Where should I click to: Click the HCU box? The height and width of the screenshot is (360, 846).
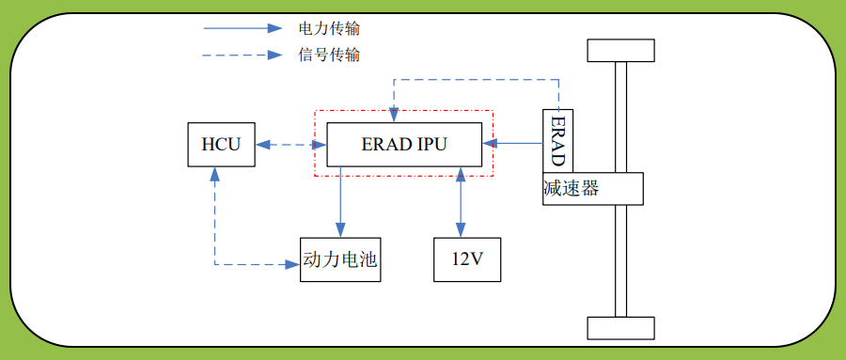tap(221, 145)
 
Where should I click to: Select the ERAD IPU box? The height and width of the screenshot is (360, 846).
tap(404, 145)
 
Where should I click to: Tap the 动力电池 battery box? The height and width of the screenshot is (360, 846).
tap(340, 259)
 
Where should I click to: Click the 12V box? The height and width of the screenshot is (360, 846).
tap(467, 259)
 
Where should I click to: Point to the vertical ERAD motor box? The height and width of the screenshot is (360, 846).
tap(557, 141)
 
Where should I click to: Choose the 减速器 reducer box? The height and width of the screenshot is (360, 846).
tap(592, 189)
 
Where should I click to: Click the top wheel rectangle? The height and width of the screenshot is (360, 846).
tap(620, 51)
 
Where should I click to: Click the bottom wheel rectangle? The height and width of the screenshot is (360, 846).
tap(620, 328)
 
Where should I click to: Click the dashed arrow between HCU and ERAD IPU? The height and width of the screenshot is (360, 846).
tap(290, 145)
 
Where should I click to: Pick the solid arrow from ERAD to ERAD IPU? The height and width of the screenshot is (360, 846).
tap(513, 144)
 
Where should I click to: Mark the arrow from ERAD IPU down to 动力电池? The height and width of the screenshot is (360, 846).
tap(340, 201)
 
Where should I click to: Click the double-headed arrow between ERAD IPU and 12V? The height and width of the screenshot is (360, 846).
tap(460, 202)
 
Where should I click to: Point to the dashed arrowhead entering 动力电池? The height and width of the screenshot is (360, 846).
tap(292, 265)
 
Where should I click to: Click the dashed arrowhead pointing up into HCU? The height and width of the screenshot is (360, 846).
tap(215, 175)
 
